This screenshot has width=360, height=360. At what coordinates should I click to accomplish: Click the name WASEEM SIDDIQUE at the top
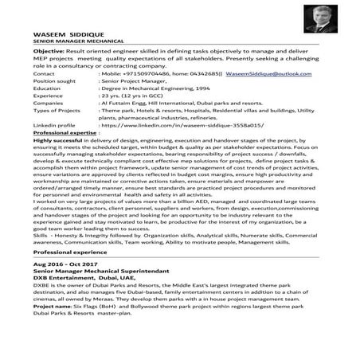57,36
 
